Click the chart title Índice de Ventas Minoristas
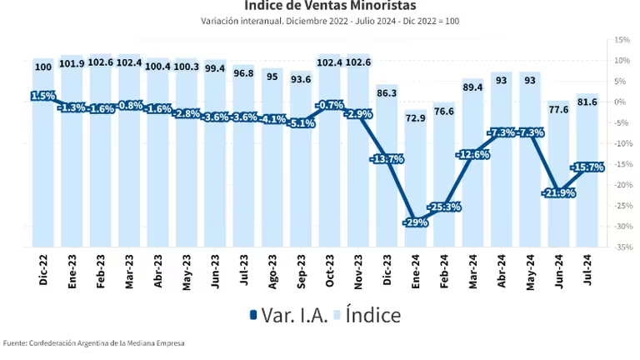pyautogui.click(x=319, y=6)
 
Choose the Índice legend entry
pyautogui.click(x=367, y=315)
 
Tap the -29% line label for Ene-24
pyautogui.click(x=417, y=222)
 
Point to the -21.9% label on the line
pyautogui.click(x=558, y=192)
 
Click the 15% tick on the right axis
pyautogui.click(x=621, y=40)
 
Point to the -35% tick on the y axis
pyautogui.click(x=621, y=247)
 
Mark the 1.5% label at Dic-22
pyautogui.click(x=43, y=96)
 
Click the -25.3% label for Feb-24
pyautogui.click(x=445, y=207)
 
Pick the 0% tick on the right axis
pyautogui.click(x=622, y=102)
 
